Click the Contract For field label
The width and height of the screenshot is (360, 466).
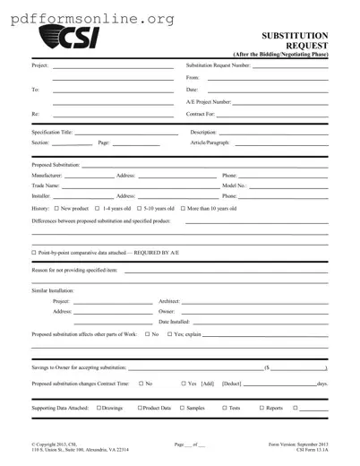(x=201, y=115)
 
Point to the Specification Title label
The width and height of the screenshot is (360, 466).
(x=52, y=132)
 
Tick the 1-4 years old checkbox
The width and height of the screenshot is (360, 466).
(x=97, y=208)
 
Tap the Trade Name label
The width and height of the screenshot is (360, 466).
(x=47, y=186)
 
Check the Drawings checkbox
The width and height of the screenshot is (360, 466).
(x=98, y=408)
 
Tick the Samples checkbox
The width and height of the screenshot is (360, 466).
(x=182, y=408)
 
